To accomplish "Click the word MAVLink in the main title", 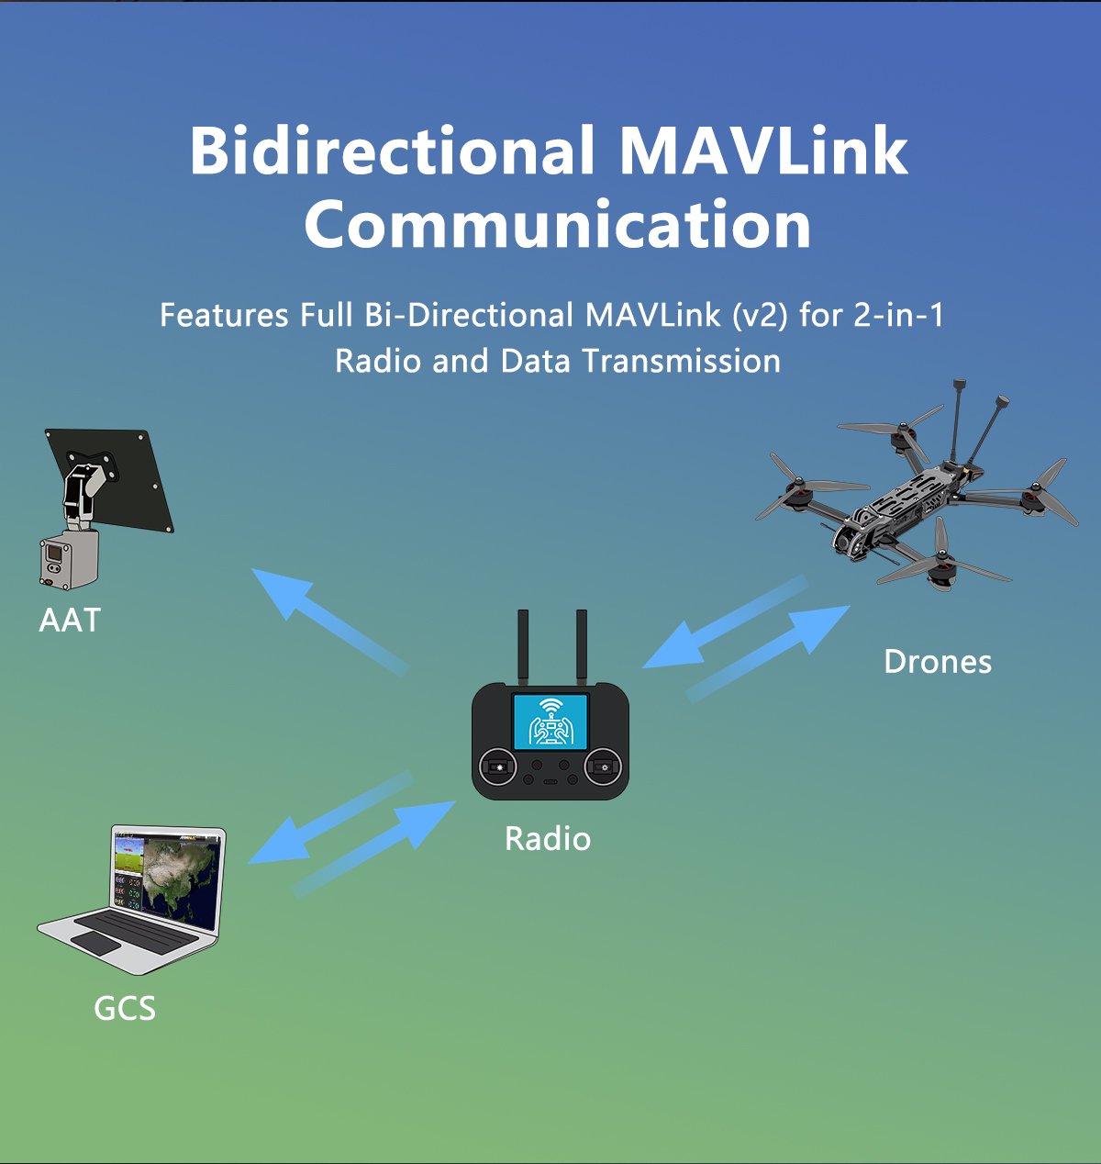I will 763,151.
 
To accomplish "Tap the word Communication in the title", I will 558,225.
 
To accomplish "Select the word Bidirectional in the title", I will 392,151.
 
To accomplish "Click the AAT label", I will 70,621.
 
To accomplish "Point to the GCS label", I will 125,1009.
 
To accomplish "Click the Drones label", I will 938,662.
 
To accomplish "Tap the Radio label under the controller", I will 548,839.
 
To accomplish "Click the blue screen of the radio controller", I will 550,721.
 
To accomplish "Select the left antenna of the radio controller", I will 523,646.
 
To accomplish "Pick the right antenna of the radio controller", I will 581,646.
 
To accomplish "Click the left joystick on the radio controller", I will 498,767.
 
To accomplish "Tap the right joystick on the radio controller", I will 603,767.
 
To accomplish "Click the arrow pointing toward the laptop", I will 330,820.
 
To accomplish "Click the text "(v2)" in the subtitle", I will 760,316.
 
